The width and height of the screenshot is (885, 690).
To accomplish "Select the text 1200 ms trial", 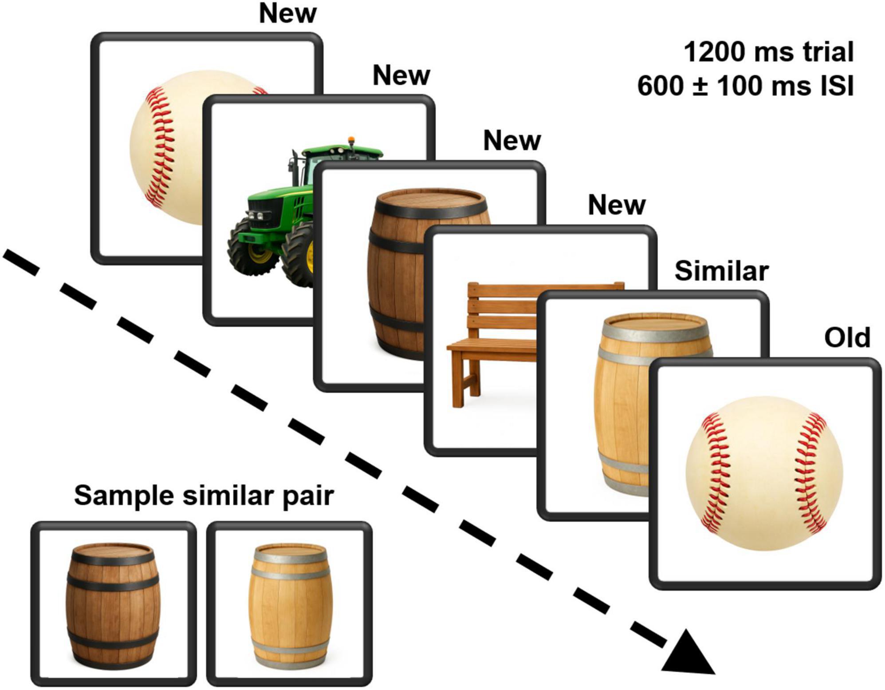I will (x=768, y=52).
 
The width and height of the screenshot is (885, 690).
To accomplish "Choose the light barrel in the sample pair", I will (x=290, y=606).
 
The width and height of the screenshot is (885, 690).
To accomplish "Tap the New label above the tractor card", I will (x=401, y=75).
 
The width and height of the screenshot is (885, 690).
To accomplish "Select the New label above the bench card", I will (x=616, y=205).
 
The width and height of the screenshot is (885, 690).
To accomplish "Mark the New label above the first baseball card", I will (x=287, y=13).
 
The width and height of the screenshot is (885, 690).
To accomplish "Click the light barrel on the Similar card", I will (x=621, y=400).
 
